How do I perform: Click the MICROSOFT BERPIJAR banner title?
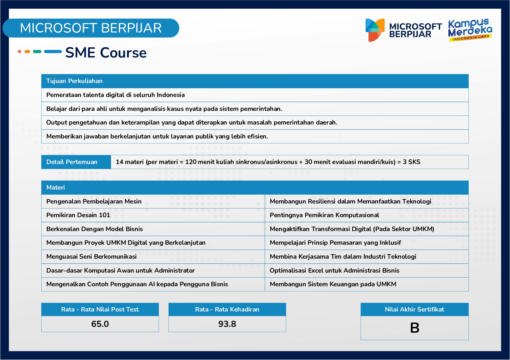tap(91, 28)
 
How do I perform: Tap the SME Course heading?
tap(106, 53)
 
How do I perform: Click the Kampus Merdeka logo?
tap(470, 30)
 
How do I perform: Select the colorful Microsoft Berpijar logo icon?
tap(375, 30)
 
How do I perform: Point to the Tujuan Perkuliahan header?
tap(74, 81)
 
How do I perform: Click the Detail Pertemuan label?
tap(72, 162)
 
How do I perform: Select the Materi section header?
tap(56, 188)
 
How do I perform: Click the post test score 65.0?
tap(100, 324)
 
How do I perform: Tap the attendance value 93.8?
tap(227, 324)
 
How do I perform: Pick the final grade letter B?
tap(414, 328)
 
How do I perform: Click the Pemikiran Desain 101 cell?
tap(78, 215)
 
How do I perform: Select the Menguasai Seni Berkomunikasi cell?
tap(92, 257)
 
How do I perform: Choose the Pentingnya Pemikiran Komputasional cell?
tap(324, 215)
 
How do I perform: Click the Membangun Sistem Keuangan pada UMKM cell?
tap(333, 284)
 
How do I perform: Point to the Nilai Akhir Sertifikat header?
tap(414, 309)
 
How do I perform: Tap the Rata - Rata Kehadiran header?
tap(227, 309)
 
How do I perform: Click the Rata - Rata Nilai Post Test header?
tap(100, 309)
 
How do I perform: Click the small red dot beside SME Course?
tap(19, 52)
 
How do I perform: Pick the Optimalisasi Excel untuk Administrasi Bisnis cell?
tap(334, 271)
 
